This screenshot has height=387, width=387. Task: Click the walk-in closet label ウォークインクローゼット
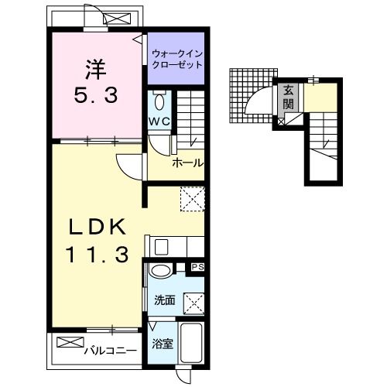177,60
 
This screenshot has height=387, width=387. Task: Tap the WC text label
159,122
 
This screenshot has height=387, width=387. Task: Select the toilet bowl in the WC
159,102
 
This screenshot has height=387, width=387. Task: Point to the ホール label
187,163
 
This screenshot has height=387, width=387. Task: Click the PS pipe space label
197,267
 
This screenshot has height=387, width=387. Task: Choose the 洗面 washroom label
165,300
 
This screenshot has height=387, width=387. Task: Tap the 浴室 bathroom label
163,344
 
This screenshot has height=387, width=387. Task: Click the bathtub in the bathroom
191,343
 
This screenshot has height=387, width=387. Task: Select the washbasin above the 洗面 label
160,271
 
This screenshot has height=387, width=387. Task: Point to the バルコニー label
111,351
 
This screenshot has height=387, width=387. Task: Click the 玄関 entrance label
288,98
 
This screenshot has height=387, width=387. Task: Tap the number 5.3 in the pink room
96,95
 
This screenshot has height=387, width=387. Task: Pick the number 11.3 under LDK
98,255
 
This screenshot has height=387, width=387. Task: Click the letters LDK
98,227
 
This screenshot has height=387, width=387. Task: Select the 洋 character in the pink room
96,70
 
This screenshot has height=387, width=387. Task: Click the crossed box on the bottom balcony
70,342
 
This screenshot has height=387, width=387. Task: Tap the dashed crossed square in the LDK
193,199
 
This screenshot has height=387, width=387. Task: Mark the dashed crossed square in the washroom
193,304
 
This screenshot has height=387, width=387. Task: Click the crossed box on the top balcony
117,19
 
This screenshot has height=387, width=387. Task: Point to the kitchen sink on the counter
161,247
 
